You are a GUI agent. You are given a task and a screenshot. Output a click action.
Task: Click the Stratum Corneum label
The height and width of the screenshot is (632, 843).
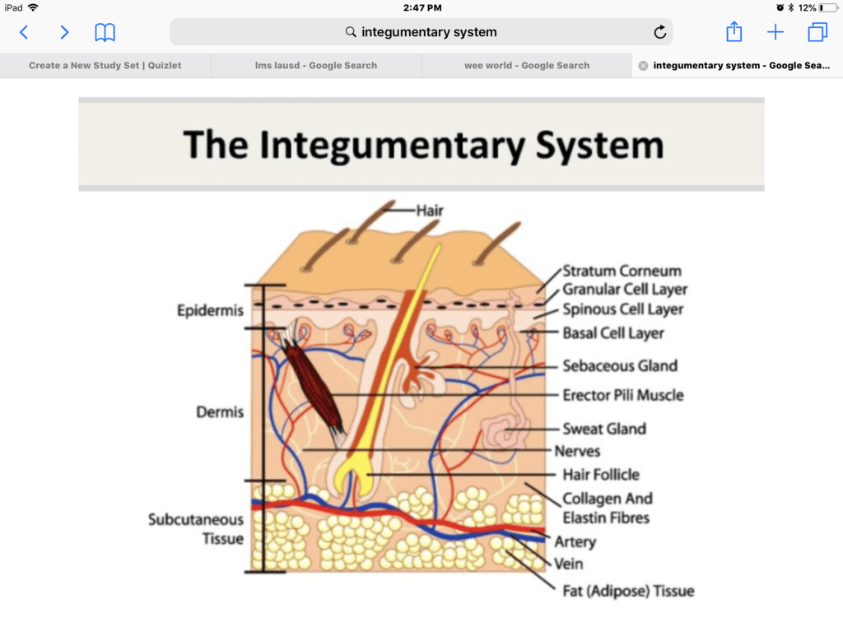click(622, 271)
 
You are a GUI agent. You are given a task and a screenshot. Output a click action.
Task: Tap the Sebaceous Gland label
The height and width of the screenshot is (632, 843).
click(619, 366)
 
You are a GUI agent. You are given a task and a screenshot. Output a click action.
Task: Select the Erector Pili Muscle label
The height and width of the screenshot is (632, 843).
click(622, 395)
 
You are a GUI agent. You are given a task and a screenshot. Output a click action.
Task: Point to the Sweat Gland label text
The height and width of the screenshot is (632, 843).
click(603, 429)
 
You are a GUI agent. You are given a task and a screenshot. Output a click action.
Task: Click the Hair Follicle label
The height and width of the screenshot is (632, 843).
click(600, 475)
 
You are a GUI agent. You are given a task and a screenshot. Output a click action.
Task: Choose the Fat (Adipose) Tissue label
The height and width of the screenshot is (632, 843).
click(628, 591)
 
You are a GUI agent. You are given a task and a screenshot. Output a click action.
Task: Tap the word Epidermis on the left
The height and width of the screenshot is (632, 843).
click(210, 310)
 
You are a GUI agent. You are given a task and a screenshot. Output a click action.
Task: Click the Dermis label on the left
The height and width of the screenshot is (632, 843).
click(220, 411)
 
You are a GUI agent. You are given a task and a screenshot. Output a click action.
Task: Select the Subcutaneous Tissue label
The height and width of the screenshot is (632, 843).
click(196, 529)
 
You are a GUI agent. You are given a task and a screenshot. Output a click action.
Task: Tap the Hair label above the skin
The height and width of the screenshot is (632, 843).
click(430, 211)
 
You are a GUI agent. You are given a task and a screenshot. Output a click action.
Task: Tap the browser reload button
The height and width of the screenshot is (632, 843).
click(659, 32)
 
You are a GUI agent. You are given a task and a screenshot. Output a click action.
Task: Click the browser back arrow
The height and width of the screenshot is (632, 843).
click(24, 33)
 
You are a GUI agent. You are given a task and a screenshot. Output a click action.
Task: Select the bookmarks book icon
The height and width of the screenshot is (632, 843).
click(105, 33)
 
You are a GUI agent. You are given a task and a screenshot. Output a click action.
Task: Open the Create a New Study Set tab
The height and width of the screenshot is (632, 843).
click(105, 66)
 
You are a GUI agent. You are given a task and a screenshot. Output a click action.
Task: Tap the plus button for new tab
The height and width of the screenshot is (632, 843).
click(775, 33)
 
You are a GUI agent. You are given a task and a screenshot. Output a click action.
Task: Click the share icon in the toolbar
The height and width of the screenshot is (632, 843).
click(734, 32)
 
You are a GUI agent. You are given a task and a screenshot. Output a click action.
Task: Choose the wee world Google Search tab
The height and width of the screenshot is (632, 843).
click(527, 66)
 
